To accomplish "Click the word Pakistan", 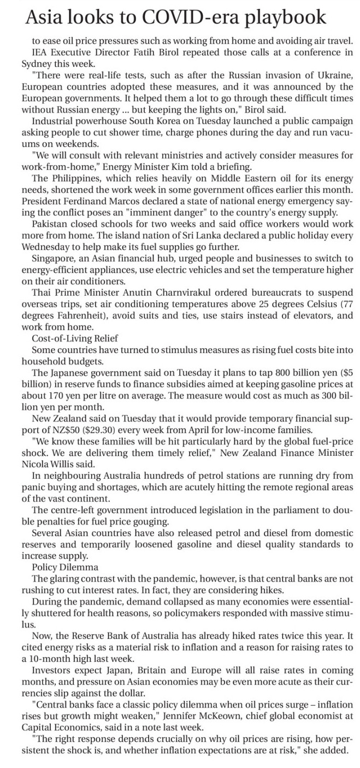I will (x=50, y=224).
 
